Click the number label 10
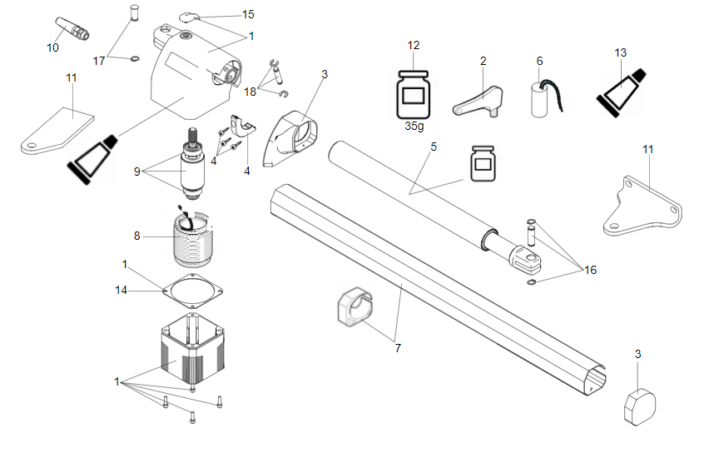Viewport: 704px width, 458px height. (52, 47)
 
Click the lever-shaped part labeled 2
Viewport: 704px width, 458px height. (478, 100)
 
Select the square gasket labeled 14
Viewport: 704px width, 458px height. (193, 289)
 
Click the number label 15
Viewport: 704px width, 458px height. (248, 15)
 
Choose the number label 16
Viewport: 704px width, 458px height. (590, 270)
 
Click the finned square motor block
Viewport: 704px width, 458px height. (193, 350)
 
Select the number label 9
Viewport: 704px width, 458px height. (138, 171)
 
